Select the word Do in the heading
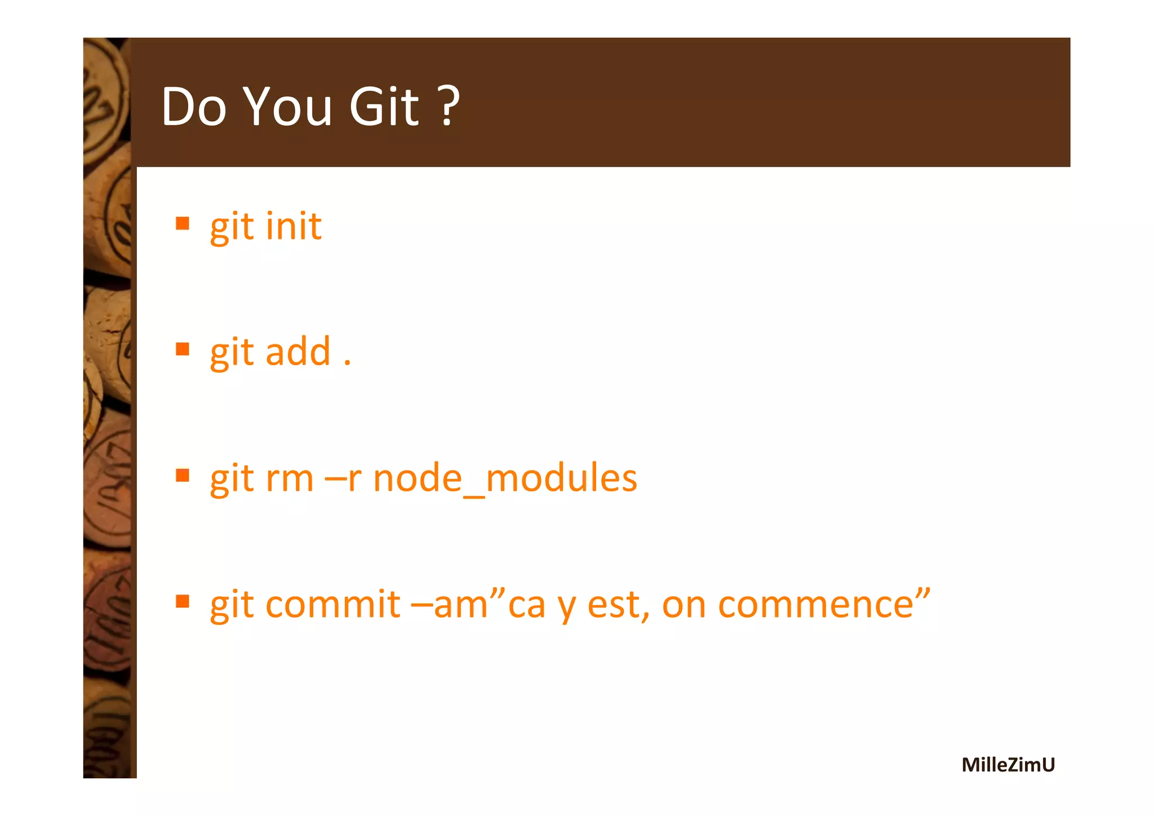193,107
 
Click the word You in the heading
288,107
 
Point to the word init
294,227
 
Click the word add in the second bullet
298,352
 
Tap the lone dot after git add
347,363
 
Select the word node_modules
505,478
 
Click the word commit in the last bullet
332,605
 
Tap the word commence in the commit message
815,605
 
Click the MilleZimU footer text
1007,765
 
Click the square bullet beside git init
182,224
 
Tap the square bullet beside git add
182,349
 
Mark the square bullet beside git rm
182,476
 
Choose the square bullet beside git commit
182,602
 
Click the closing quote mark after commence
922,593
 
